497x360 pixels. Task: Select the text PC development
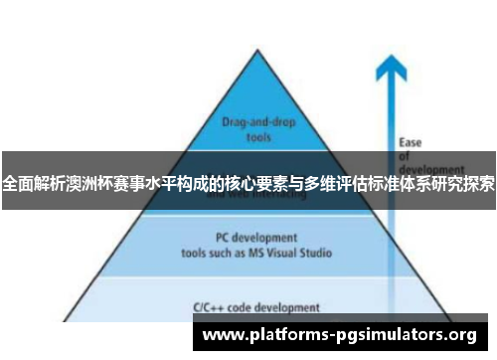coord(242,238)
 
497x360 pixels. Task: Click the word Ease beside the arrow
coord(410,142)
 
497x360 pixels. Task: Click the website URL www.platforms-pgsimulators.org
coord(339,335)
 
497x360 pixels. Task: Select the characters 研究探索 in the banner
coord(463,183)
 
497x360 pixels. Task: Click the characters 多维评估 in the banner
coord(335,183)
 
